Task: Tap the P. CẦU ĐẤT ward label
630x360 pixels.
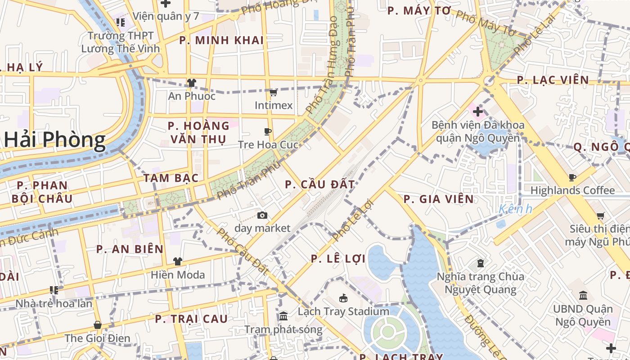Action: point(320,184)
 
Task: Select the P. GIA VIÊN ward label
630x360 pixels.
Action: point(438,199)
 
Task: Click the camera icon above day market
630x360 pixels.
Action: point(262,216)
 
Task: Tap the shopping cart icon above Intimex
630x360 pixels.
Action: point(273,93)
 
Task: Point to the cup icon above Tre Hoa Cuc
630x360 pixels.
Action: point(268,132)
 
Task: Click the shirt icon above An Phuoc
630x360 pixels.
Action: point(192,83)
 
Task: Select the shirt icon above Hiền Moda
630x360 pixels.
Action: point(178,261)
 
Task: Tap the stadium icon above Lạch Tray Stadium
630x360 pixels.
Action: point(343,298)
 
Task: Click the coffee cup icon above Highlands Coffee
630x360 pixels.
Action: point(572,178)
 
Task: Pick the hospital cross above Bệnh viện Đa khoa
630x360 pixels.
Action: point(478,111)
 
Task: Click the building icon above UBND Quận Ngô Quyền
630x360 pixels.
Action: point(583,296)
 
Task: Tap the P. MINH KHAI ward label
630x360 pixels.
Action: point(221,40)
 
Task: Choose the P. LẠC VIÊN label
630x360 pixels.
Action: point(553,80)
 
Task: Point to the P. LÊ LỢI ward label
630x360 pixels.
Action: point(338,259)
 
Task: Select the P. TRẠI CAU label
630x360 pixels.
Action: point(191,319)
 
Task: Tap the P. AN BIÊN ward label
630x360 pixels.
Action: point(130,249)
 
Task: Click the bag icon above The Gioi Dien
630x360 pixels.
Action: point(97,325)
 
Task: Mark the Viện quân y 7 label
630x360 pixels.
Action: point(166,17)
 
